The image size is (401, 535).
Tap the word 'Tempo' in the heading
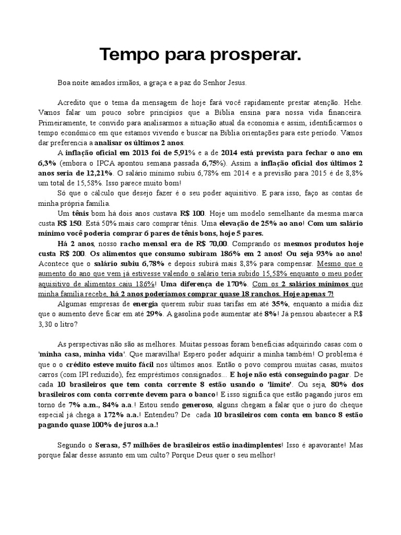point(125,54)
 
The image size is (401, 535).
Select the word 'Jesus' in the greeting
point(234,83)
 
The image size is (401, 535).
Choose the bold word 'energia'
point(145,304)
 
